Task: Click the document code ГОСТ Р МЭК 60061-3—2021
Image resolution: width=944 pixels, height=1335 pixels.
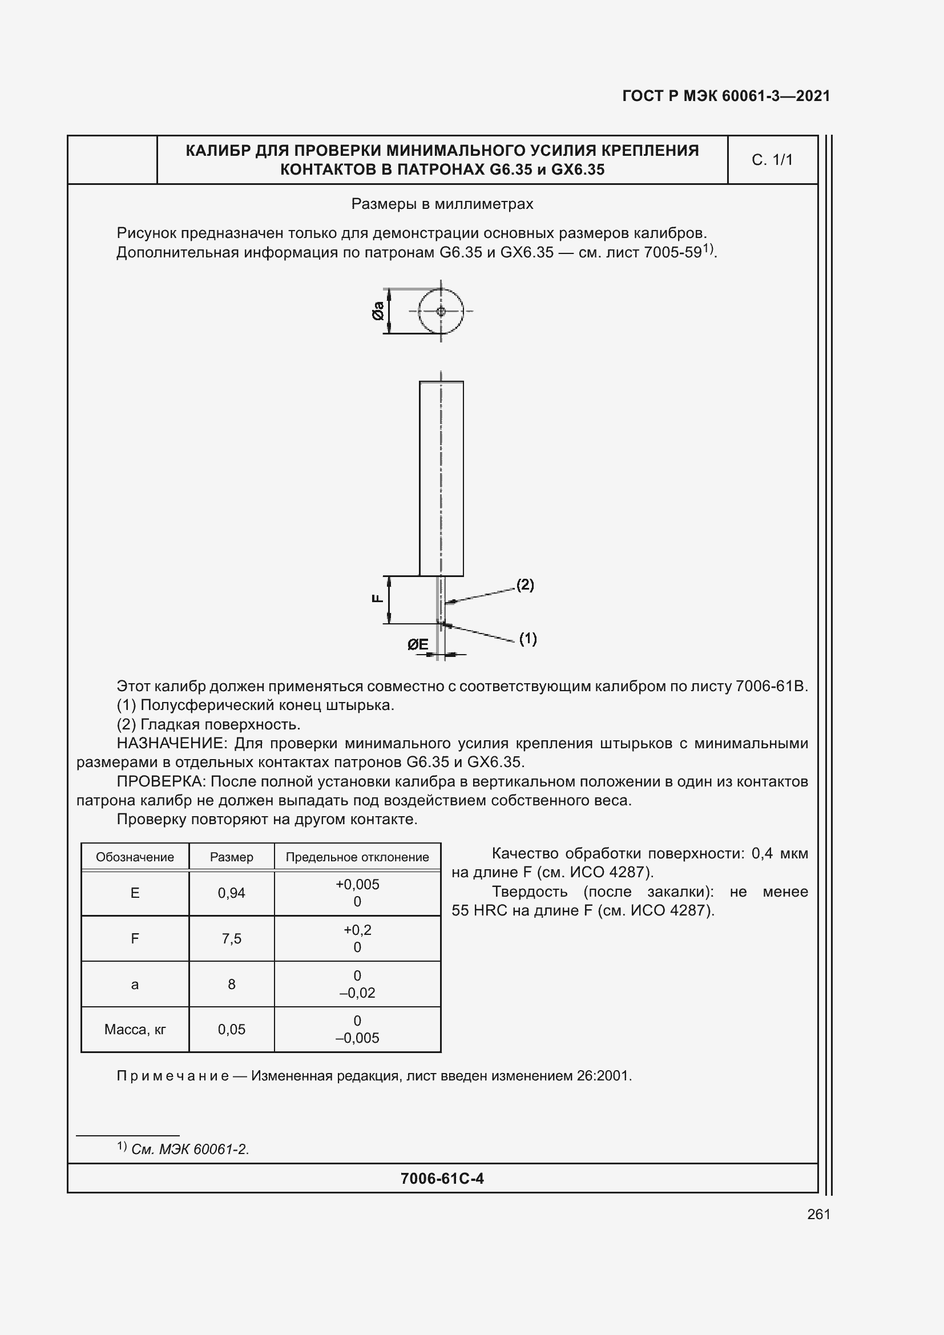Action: (x=725, y=96)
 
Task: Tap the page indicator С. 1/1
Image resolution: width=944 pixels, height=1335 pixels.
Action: (x=772, y=160)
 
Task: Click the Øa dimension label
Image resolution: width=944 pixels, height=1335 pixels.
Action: (x=378, y=311)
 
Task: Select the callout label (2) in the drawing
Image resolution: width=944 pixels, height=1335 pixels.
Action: (x=525, y=584)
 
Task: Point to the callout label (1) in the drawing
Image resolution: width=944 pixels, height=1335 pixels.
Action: (x=527, y=639)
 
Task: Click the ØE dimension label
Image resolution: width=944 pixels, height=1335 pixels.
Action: (x=417, y=644)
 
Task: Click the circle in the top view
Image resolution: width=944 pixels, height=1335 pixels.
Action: (x=441, y=311)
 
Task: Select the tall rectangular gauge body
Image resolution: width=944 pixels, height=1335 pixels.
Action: (x=441, y=478)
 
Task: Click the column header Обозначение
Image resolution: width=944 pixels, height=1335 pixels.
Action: (x=135, y=857)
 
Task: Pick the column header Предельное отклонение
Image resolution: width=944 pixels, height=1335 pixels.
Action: (x=357, y=857)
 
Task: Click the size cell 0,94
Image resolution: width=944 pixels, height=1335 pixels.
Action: (x=231, y=893)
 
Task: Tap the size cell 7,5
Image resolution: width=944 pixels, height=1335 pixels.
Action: (x=231, y=938)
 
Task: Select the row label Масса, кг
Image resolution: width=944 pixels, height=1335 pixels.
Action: (x=135, y=1030)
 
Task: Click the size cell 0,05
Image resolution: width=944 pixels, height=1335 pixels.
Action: (x=231, y=1030)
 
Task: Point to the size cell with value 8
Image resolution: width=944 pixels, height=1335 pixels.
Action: (x=231, y=985)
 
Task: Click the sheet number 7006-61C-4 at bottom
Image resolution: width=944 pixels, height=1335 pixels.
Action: (x=442, y=1179)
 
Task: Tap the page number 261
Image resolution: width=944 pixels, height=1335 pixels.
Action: (x=818, y=1214)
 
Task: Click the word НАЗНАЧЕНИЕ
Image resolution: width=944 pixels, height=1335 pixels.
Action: (x=170, y=743)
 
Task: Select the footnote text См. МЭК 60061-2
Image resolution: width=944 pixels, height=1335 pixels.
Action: (x=190, y=1150)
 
